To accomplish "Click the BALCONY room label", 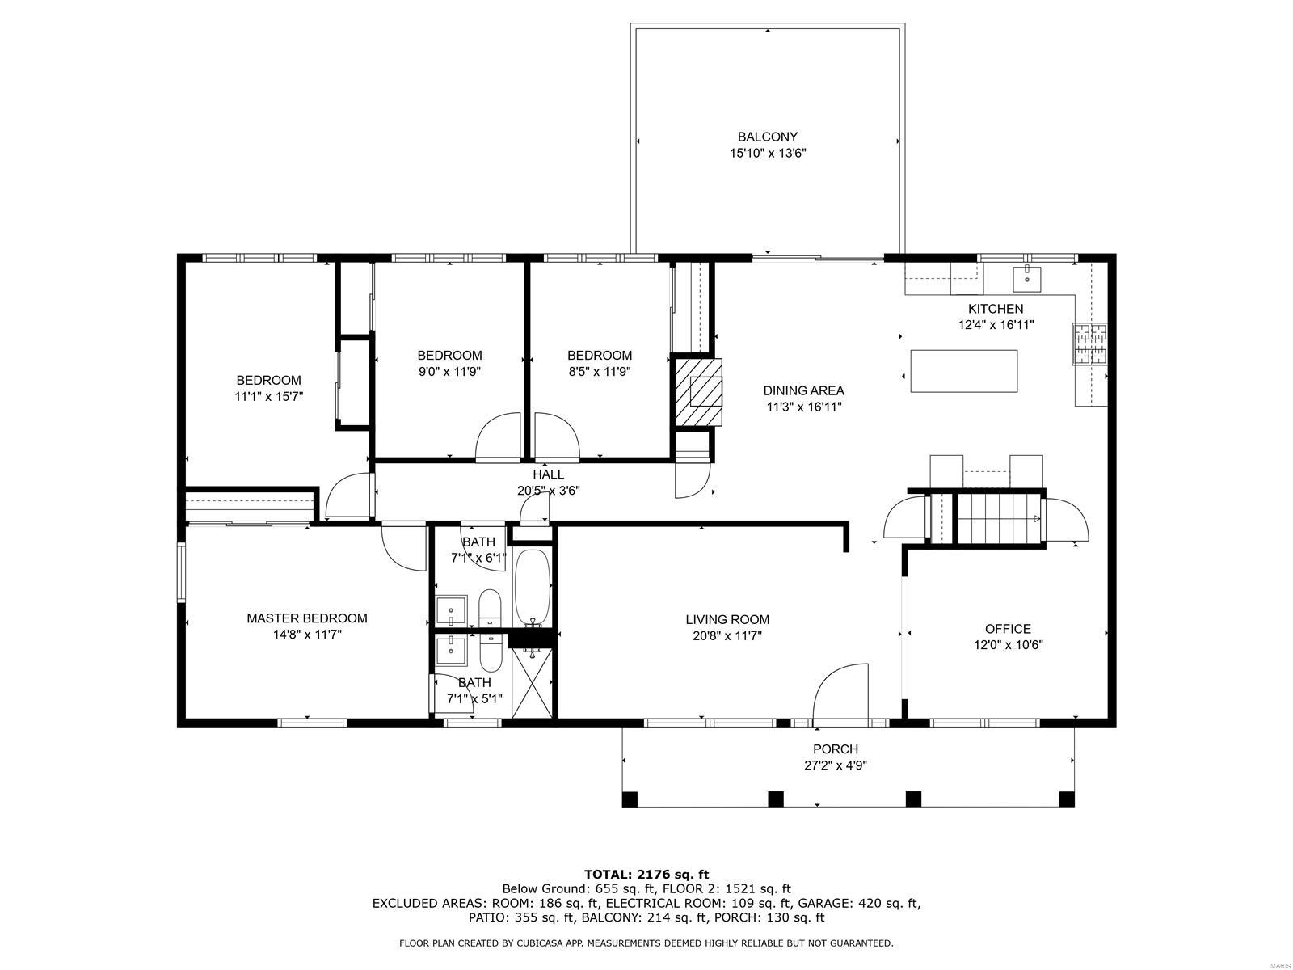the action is [x=767, y=137].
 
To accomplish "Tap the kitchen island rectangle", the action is [x=963, y=371].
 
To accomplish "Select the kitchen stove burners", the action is [x=1089, y=344].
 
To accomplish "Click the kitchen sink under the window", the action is [x=1027, y=279].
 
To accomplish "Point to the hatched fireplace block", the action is [x=698, y=392].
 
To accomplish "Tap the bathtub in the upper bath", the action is [x=533, y=587].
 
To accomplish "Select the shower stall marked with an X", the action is [x=533, y=682].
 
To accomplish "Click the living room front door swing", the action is [x=840, y=692].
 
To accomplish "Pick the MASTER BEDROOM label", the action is [x=306, y=618].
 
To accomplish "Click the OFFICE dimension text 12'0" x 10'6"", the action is [x=1008, y=645].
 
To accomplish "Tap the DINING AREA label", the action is [x=803, y=390].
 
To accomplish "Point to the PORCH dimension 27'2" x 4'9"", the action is [x=836, y=765].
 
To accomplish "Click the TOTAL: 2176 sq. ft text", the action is [x=646, y=874].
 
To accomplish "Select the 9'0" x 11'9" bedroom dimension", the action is [x=449, y=372].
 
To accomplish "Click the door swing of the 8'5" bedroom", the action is [x=557, y=436].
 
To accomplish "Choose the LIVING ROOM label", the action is [x=727, y=619].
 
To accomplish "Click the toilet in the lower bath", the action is [x=490, y=652].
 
